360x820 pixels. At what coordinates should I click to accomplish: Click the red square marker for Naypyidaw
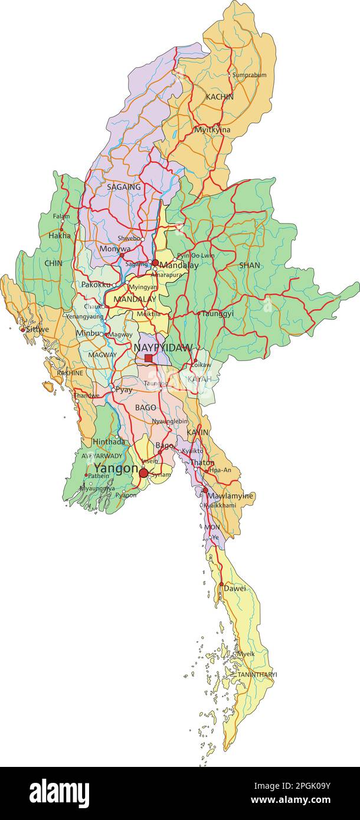pos(148,358)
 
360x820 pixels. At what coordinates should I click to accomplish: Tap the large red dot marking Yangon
pos(143,473)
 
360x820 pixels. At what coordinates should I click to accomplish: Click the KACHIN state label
pos(220,97)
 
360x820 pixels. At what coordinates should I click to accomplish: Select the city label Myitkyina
pos(212,130)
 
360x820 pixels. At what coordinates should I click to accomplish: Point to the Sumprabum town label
pos(249,76)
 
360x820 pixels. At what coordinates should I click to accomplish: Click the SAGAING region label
pos(124,187)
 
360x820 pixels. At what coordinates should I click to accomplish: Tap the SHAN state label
pos(250,265)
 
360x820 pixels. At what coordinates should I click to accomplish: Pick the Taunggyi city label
pos(218,314)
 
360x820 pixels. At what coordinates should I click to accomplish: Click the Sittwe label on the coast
pos(37,329)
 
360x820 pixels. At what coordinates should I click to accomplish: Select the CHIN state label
pos(53,263)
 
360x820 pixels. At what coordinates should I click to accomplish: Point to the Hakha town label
pos(60,235)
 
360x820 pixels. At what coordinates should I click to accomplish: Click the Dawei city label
pos(235,588)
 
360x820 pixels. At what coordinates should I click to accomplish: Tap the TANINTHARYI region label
pos(257,674)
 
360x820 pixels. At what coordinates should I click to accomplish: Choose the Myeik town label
pos(246,654)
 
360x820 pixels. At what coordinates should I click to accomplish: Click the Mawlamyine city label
pos(230,496)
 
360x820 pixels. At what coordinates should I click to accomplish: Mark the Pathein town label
pos(99,475)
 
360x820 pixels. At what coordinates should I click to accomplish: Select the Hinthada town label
pos(109,441)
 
